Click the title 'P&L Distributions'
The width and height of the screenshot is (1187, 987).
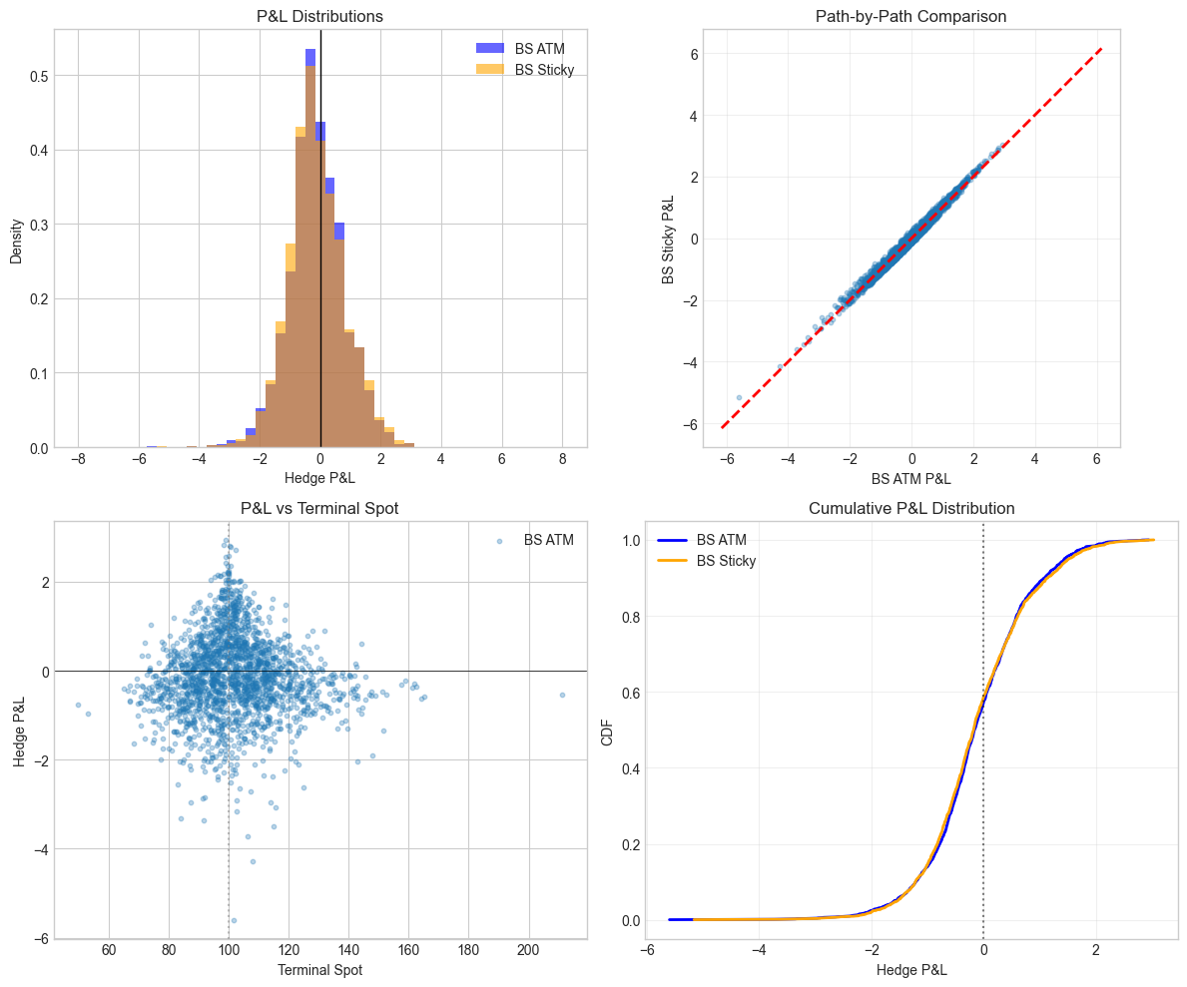tap(320, 16)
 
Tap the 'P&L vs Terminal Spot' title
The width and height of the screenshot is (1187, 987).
tap(320, 508)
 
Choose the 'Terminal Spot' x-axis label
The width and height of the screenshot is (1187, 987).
tap(320, 969)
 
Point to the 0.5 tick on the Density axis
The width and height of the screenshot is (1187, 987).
tap(36, 76)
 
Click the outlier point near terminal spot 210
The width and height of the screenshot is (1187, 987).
tap(562, 695)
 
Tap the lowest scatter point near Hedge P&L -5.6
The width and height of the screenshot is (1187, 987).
tap(234, 920)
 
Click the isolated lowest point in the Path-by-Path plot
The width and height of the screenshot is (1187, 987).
tap(740, 397)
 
